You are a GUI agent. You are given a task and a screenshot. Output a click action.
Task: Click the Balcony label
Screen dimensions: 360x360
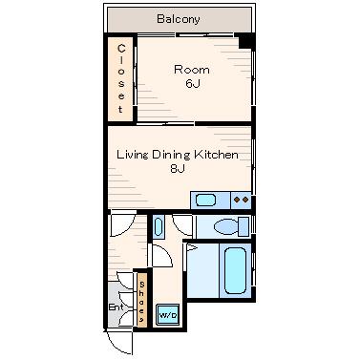179,19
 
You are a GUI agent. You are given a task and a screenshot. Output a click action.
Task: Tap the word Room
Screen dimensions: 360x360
192,70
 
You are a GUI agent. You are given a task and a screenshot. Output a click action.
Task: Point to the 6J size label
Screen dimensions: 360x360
193,83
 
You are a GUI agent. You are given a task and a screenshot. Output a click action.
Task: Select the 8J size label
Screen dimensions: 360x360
178,168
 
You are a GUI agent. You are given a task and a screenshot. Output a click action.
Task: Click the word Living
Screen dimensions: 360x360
133,155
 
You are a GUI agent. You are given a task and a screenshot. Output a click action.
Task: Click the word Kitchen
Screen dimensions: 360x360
216,155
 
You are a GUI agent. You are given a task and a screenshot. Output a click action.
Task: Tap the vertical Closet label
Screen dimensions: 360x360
121,79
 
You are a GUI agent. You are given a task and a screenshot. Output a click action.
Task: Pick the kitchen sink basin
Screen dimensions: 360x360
205,201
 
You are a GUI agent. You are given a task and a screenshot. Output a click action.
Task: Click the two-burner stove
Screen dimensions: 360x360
241,201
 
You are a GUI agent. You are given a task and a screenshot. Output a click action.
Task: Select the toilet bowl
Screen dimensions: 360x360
226,227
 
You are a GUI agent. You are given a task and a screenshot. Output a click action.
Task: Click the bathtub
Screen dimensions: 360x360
235,271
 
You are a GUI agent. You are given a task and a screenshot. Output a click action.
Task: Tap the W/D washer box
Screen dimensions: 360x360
168,315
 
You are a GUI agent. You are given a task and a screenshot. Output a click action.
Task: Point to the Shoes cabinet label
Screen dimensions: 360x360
142,302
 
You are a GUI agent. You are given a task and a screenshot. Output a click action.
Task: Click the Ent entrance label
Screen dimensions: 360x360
116,307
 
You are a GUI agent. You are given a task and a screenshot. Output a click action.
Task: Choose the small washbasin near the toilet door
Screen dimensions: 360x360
159,226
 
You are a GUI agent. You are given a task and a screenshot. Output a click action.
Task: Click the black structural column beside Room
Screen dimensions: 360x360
246,41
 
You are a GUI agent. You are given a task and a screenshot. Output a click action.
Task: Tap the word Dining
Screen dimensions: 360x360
171,155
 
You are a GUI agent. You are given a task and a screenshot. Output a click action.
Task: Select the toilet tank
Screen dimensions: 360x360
244,227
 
